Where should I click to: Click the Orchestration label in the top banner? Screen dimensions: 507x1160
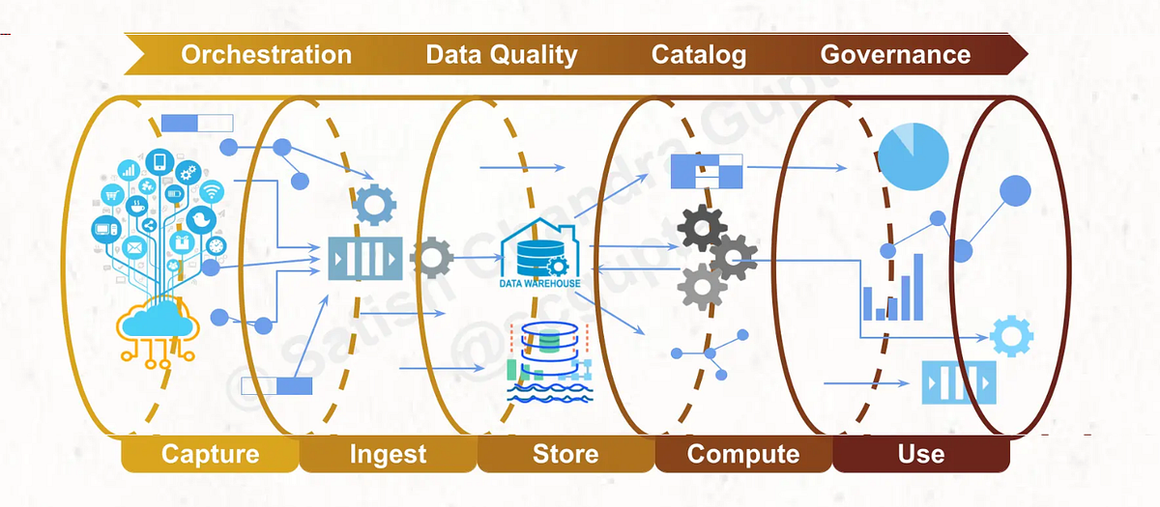(266, 54)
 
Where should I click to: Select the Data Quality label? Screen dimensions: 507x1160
(501, 54)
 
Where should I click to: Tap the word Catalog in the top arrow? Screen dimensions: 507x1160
(699, 54)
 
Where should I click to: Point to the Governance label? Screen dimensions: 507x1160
(895, 54)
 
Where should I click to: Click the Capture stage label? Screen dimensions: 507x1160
(210, 454)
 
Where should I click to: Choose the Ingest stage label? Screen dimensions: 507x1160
(388, 454)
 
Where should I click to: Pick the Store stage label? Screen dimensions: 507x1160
(565, 454)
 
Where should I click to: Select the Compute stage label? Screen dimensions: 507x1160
(743, 454)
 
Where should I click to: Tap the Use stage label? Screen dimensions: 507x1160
(920, 454)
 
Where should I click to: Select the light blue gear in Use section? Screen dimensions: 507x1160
(1011, 336)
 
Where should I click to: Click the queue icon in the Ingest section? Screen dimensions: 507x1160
(364, 258)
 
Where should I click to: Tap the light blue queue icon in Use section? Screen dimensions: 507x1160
(957, 382)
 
